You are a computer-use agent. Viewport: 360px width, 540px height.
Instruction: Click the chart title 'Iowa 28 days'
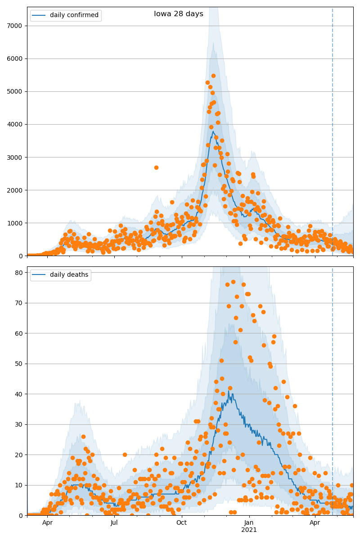(x=179, y=14)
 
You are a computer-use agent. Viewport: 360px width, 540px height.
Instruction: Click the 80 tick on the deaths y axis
(x=19, y=273)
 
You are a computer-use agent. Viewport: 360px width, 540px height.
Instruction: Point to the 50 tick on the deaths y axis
(x=19, y=364)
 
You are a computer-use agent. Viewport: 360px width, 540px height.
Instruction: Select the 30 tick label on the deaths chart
(x=19, y=424)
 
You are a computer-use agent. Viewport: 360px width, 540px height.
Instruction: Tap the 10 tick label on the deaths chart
(x=19, y=485)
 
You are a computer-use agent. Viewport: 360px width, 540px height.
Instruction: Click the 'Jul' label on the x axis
(x=114, y=522)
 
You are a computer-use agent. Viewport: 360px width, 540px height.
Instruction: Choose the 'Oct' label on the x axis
(x=181, y=522)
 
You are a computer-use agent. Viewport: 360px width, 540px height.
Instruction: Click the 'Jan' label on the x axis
(x=249, y=522)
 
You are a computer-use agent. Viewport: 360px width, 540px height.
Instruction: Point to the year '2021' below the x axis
(x=249, y=530)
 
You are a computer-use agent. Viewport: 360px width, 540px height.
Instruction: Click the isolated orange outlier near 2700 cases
(x=156, y=167)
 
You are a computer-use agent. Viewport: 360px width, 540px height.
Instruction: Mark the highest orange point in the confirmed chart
(x=213, y=76)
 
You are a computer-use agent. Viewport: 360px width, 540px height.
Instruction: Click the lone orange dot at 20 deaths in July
(x=125, y=454)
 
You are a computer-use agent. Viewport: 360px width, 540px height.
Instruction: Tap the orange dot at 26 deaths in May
(x=83, y=436)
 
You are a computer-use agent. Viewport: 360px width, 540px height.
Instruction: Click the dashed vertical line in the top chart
(x=333, y=135)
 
